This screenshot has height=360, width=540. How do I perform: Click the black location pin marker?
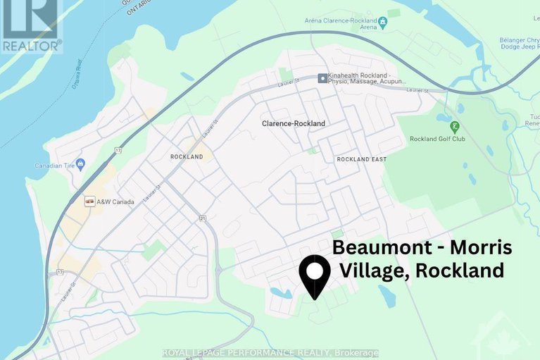tap(315, 275)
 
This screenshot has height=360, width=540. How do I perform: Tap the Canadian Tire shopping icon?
tap(80, 165)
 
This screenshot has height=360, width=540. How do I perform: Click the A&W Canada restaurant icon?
tap(89, 201)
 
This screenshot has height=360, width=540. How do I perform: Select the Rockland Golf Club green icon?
tap(455, 128)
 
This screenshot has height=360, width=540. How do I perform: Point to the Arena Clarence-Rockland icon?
tap(382, 22)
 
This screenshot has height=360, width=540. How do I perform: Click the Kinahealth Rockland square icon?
tap(322, 77)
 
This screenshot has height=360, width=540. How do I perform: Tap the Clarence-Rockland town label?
tap(293, 123)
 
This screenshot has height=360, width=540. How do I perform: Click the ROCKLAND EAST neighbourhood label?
tap(361, 159)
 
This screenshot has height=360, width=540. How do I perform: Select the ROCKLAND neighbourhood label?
tap(187, 156)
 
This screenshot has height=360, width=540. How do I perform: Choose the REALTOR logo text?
tap(30, 44)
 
